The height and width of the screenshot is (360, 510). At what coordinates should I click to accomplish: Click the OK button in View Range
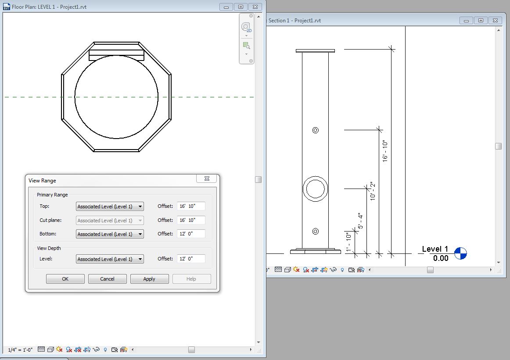(x=65, y=279)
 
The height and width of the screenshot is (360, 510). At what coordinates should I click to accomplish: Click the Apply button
(x=149, y=279)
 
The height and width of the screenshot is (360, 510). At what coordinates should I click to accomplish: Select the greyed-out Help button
(x=191, y=279)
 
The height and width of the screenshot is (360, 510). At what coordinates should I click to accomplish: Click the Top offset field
(x=191, y=207)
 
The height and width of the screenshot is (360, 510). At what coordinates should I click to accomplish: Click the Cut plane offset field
(x=191, y=220)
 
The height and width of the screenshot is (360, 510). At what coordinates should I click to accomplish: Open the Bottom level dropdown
(x=110, y=234)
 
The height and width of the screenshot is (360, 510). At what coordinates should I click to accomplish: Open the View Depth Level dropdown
(x=110, y=259)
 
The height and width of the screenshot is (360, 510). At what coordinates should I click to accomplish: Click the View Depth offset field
(x=191, y=259)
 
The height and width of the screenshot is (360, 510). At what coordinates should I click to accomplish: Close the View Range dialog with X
(x=207, y=179)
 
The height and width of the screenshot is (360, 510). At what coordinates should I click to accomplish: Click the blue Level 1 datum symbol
(x=460, y=253)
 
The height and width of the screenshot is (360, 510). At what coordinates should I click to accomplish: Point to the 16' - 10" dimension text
(x=385, y=152)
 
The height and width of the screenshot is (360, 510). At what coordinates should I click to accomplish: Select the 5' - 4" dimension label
(x=360, y=221)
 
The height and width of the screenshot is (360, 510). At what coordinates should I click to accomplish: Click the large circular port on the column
(x=315, y=189)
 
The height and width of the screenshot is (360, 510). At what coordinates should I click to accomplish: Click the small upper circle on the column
(x=315, y=130)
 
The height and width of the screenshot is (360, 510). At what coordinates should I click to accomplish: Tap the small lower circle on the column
(x=315, y=231)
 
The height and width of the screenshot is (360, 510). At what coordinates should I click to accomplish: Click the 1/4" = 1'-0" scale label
(x=20, y=350)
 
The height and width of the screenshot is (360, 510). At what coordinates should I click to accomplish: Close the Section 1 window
(x=495, y=21)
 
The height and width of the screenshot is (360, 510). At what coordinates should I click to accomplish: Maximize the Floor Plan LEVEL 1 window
(x=241, y=7)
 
